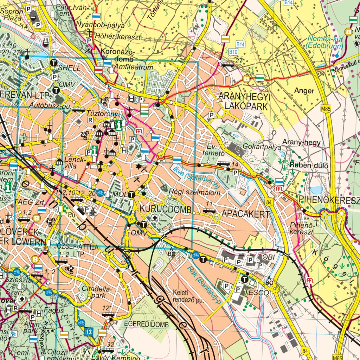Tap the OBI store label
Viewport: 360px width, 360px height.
pyautogui.click(x=269, y=257)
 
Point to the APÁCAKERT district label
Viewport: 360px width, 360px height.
pyautogui.click(x=245, y=214)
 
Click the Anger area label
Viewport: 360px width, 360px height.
pyautogui.click(x=304, y=91)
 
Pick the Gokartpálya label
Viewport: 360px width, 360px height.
pyautogui.click(x=262, y=147)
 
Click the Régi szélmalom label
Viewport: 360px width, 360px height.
pyautogui.click(x=195, y=192)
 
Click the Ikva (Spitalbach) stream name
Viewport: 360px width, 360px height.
pyautogui.click(x=196, y=176)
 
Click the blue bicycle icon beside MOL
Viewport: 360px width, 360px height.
pyautogui.click(x=100, y=192)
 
